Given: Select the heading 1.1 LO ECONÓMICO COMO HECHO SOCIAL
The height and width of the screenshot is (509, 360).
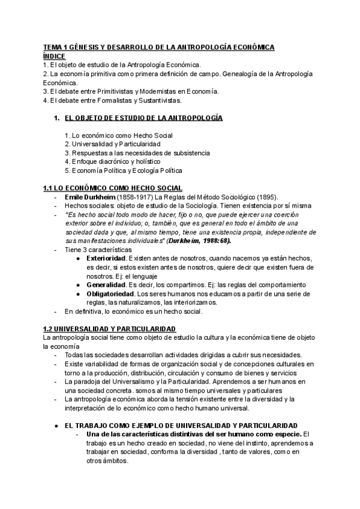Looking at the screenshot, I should [113, 188].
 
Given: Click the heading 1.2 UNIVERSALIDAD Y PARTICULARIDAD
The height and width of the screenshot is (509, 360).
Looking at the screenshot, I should [109, 328].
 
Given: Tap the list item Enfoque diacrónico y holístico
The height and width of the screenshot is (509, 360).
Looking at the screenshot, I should [112, 161].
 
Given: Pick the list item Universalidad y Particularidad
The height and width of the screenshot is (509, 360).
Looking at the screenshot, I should [112, 144].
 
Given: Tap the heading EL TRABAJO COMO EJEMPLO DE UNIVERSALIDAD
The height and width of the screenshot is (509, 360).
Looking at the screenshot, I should [181, 424].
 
